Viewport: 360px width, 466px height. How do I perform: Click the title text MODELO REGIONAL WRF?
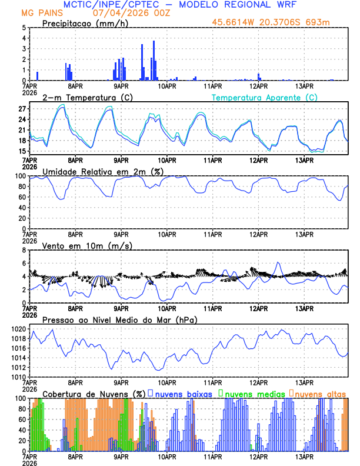click(247, 5)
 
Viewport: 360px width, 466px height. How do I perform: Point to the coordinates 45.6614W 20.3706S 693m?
click(280, 24)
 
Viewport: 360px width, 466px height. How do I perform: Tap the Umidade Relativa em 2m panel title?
click(97, 171)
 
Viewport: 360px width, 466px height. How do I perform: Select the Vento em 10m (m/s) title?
click(79, 245)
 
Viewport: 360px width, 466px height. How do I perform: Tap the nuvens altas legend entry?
click(320, 394)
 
